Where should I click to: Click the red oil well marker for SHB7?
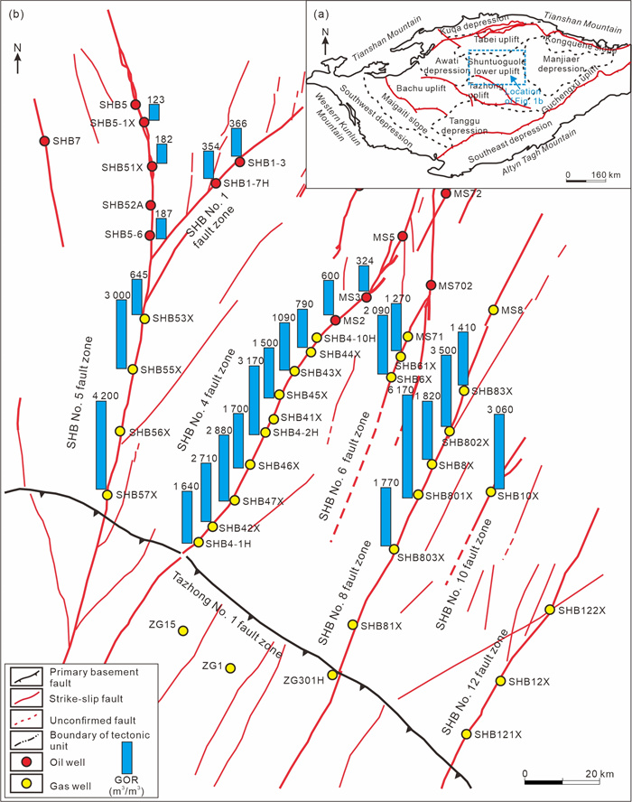[x=43, y=140]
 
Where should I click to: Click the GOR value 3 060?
[x=500, y=411]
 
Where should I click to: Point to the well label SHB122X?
[x=584, y=611]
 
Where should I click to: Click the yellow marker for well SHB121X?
[x=467, y=734]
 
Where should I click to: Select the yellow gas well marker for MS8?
[x=493, y=310]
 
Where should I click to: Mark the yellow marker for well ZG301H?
[x=332, y=674]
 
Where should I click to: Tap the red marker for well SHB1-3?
[x=240, y=162]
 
